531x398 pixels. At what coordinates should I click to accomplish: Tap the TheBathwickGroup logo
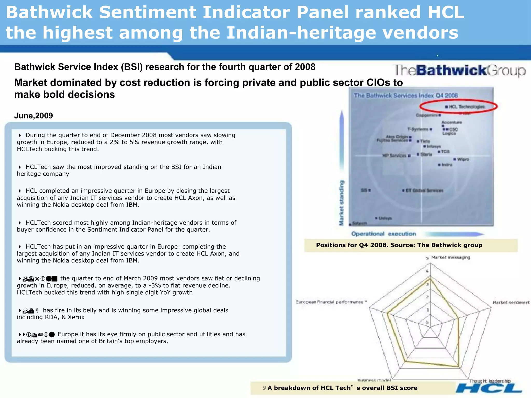[x=459, y=70]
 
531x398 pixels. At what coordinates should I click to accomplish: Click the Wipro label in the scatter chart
[x=463, y=159]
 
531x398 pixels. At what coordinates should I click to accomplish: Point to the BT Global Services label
[x=424, y=190]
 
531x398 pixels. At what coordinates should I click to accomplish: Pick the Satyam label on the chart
[x=359, y=223]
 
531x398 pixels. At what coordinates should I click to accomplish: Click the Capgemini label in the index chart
[x=427, y=115]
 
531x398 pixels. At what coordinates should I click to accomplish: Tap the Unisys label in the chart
[x=385, y=218]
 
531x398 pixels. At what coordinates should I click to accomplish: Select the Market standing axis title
[x=342, y=203]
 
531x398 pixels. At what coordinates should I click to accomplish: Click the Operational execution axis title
[x=383, y=234]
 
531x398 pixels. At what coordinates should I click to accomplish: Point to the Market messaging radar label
[x=451, y=257]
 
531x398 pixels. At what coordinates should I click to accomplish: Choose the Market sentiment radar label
[x=511, y=302]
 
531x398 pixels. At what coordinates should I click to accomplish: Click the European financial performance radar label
[x=330, y=302]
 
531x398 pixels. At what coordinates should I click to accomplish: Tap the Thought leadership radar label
[x=490, y=381]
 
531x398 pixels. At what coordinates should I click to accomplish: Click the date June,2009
[x=33, y=116]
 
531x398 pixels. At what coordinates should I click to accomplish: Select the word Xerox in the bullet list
[x=76, y=317]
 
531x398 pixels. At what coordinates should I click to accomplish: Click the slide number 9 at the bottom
[x=264, y=388]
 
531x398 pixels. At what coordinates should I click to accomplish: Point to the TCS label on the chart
[x=445, y=152]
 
